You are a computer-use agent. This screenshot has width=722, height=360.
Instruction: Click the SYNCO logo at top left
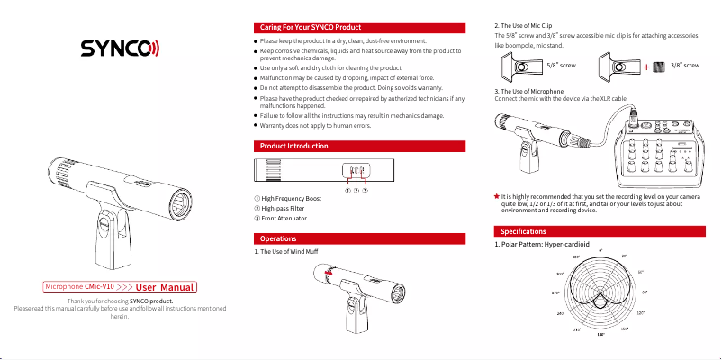[120, 48]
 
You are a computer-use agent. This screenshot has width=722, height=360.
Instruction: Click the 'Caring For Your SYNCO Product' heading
[310, 28]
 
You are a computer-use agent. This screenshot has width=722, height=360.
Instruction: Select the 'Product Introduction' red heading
[293, 146]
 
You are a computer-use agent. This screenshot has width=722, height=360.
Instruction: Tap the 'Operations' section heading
[278, 238]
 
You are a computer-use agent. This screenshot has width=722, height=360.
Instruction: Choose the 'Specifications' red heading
[517, 233]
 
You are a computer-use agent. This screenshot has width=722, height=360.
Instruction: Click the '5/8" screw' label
[561, 67]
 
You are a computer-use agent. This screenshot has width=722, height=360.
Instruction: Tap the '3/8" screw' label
[685, 67]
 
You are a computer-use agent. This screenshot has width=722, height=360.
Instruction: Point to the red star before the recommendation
[496, 194]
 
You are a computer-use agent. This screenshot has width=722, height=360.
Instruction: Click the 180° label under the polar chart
[600, 336]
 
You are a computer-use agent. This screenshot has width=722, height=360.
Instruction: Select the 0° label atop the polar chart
[600, 250]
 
